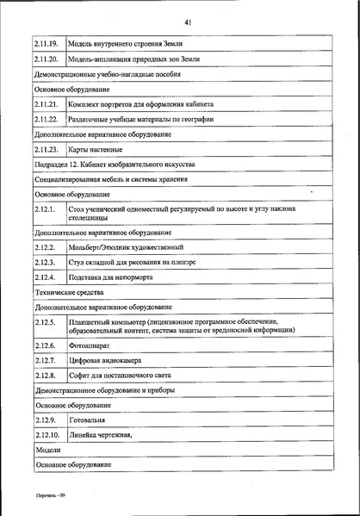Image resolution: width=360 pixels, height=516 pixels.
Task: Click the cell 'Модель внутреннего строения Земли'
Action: (x=126, y=43)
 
